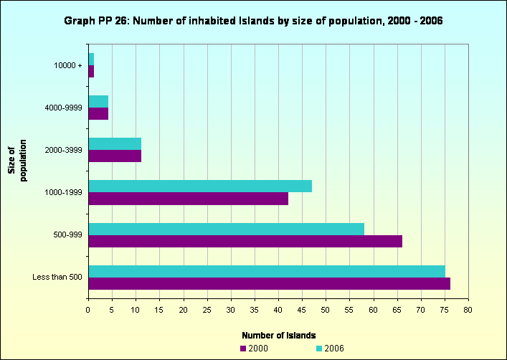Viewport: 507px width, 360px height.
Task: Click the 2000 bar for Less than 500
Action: pos(269,284)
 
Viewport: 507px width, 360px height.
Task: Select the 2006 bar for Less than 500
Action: pos(267,272)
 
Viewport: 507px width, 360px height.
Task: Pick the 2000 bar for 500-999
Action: pos(245,242)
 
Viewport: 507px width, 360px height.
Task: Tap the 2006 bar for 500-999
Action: pos(226,229)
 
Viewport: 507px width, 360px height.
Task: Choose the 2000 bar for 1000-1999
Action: pos(188,199)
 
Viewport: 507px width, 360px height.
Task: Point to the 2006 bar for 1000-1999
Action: pos(200,186)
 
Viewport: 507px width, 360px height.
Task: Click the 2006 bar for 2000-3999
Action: pos(115,143)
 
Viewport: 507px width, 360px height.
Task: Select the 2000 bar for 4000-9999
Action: pos(98,113)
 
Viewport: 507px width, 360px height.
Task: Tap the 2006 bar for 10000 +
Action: pos(91,58)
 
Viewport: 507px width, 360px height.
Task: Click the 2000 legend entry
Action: pos(254,348)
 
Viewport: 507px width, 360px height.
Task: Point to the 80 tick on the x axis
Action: pos(468,310)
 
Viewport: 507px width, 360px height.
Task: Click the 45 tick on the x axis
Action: pos(302,310)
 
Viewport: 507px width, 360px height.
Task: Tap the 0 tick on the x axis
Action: pos(88,310)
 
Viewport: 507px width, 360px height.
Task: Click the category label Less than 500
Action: pos(57,277)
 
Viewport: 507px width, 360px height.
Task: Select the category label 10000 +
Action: pos(68,65)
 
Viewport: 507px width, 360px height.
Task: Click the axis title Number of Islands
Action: pos(279,335)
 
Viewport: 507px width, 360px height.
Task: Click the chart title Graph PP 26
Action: pos(253,21)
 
